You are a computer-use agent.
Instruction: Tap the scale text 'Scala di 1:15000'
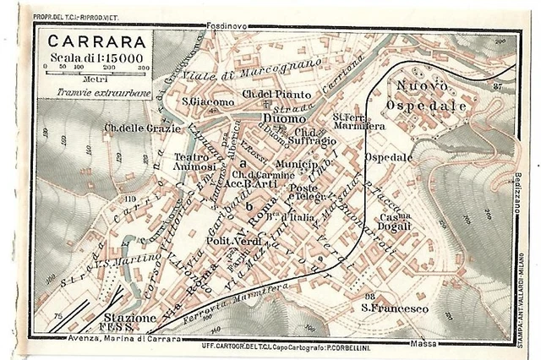pyautogui.click(x=92, y=57)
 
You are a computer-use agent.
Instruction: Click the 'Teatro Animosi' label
pyautogui.click(x=193, y=161)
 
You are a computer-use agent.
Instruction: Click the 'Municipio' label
pyautogui.click(x=294, y=162)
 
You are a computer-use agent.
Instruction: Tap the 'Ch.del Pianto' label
pyautogui.click(x=276, y=94)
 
